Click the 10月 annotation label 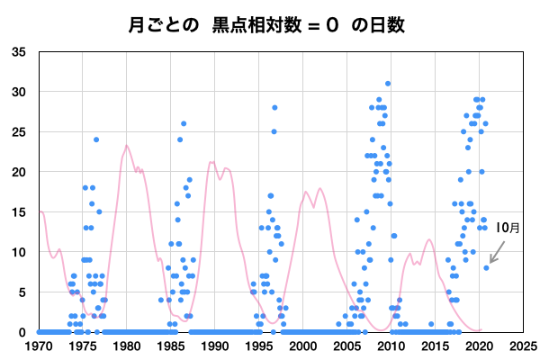pyautogui.click(x=508, y=228)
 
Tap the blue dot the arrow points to pyautogui.click(x=487, y=267)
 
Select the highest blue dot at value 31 pyautogui.click(x=388, y=84)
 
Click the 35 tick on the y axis pyautogui.click(x=19, y=52)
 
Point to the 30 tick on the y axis pyautogui.click(x=19, y=92)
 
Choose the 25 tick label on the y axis pyautogui.click(x=19, y=132)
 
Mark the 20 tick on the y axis pyautogui.click(x=19, y=172)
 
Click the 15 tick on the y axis pyautogui.click(x=19, y=211)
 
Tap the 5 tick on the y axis pyautogui.click(x=22, y=292)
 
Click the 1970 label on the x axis pyautogui.click(x=39, y=345)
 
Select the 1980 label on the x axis pyautogui.click(x=127, y=345)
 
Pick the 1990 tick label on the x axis pyautogui.click(x=215, y=345)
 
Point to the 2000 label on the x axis pyautogui.click(x=303, y=345)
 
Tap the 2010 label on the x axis pyautogui.click(x=391, y=345)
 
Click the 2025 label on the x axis pyautogui.click(x=524, y=345)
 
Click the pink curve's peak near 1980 pyautogui.click(x=127, y=146)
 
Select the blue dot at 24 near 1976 pyautogui.click(x=96, y=139)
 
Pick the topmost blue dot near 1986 pyautogui.click(x=184, y=123)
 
